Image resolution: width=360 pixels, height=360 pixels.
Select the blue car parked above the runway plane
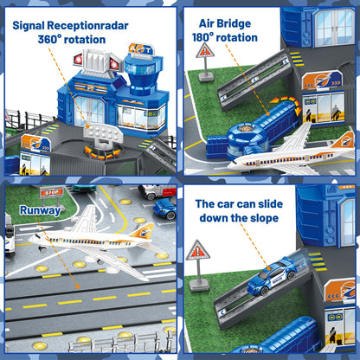[x=164, y=208]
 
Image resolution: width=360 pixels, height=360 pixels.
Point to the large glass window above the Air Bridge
[x=332, y=26]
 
